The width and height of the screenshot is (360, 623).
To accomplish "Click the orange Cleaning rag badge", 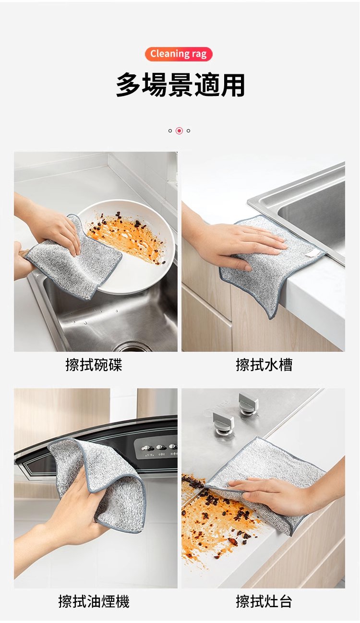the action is (x=179, y=54).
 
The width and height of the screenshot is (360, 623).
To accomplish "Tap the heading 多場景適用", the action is (x=180, y=85).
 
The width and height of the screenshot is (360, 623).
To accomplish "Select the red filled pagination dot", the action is (x=179, y=131).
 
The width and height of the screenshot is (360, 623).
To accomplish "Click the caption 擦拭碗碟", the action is (x=94, y=365).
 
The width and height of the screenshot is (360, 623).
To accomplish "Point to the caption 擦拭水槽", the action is (x=264, y=365).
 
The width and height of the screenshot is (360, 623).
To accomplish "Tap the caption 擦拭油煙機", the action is (x=94, y=601).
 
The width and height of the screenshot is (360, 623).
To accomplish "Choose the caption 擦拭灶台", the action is (x=264, y=601).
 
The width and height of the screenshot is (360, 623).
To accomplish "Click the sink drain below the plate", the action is (x=133, y=347).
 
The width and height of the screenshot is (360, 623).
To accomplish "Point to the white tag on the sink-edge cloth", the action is (x=312, y=252).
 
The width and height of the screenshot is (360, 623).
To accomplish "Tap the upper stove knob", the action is (x=248, y=402).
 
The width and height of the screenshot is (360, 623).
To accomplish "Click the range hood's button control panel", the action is (x=156, y=448).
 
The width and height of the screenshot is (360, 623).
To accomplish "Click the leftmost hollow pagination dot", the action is (x=170, y=131).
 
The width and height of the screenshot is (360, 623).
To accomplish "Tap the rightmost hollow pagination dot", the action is (x=188, y=131).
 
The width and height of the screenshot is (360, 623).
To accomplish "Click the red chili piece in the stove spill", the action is (x=233, y=541).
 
